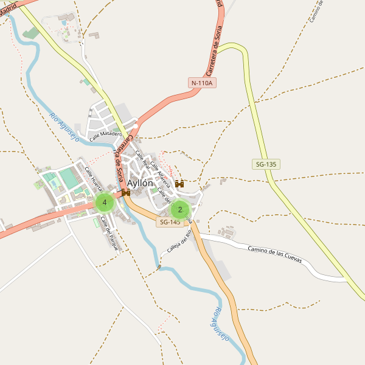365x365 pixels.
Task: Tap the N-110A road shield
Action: point(203,83)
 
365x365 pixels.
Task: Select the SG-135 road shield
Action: point(266,164)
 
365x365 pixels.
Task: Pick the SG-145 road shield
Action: point(170,223)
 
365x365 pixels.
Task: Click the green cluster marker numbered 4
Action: point(105,203)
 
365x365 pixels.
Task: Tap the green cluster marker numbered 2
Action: point(180,210)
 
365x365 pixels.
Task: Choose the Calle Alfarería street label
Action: point(160,172)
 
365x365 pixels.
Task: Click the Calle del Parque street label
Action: point(109,233)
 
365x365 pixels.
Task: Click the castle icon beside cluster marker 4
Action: point(126,193)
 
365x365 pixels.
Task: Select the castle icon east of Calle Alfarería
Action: point(179,184)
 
